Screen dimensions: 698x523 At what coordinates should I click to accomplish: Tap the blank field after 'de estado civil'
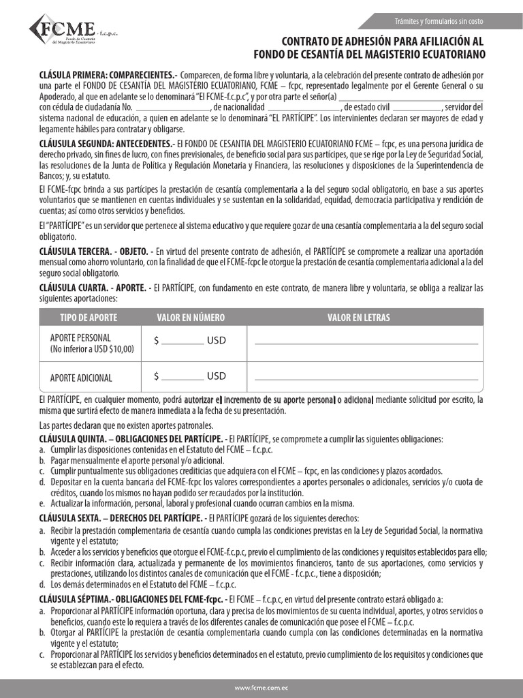[417, 108]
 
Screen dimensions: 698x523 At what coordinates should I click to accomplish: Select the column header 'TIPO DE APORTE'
[89, 318]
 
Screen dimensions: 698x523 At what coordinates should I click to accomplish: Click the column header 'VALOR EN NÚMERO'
[191, 318]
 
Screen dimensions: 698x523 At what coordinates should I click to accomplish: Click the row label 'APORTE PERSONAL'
[80, 337]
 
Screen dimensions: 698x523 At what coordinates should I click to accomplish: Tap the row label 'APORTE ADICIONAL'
[81, 378]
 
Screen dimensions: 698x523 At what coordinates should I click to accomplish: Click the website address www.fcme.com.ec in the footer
[261, 688]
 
